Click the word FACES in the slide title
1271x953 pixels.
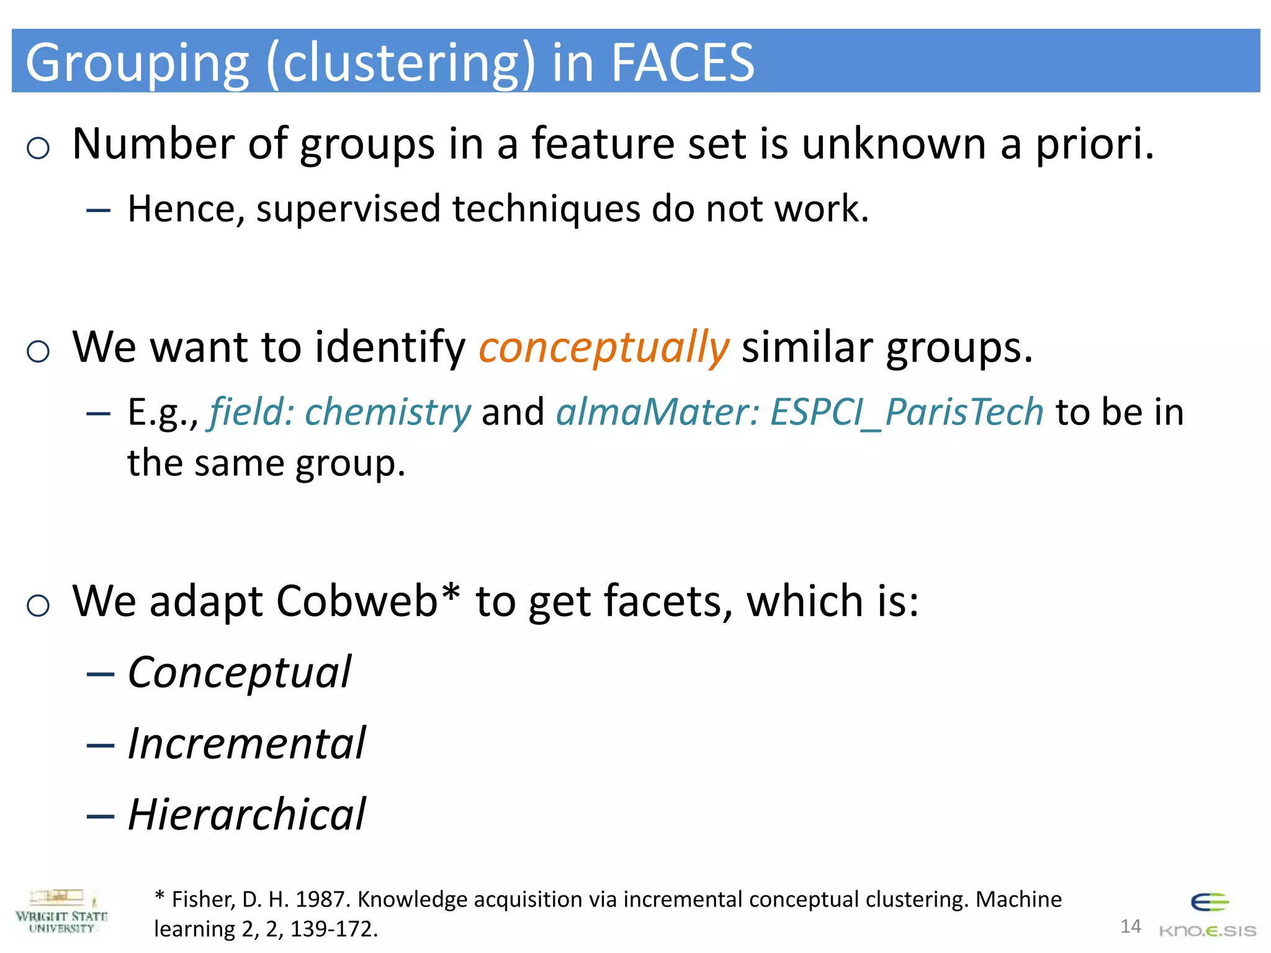click(683, 62)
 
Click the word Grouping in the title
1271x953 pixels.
click(137, 63)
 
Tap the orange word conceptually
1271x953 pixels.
click(604, 347)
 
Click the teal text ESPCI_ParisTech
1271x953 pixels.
click(907, 412)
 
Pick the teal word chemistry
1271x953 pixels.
click(388, 413)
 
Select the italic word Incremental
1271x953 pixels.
click(246, 743)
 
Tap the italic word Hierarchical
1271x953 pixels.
click(246, 814)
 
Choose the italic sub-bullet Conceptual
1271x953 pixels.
click(239, 673)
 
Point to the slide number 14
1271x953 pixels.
click(1131, 926)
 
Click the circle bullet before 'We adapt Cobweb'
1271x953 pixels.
click(38, 605)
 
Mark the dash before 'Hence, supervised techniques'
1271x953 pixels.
click(99, 211)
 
